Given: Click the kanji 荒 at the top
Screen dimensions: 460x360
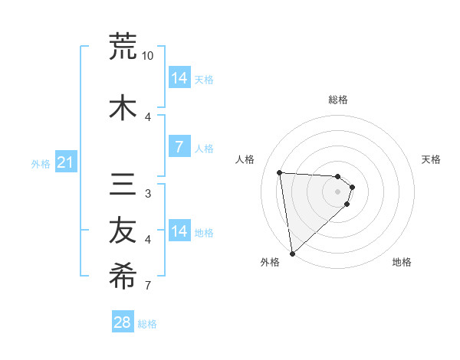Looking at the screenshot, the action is (123, 46).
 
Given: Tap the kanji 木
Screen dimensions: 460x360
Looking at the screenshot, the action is (123, 108).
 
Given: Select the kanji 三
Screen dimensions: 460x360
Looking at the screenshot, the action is (123, 185).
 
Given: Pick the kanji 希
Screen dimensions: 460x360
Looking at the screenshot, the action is (123, 277).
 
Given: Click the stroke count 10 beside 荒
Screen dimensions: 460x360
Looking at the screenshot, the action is (148, 56).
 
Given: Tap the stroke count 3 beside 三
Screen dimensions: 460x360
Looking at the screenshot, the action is (148, 194).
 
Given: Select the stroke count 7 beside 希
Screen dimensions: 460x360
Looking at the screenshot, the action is (148, 286).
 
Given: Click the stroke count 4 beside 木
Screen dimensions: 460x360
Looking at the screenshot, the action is (148, 117).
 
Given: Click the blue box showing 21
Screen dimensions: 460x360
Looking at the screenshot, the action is (66, 162).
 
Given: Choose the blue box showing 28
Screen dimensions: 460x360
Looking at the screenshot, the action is (123, 322).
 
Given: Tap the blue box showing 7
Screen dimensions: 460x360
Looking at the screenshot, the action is (179, 147).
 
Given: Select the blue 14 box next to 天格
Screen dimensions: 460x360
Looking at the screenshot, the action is (179, 78).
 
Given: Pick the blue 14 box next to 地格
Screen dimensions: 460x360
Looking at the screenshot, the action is (179, 231).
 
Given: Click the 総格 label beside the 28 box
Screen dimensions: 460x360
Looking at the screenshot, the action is (147, 324).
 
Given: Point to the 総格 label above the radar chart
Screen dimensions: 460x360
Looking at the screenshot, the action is (338, 100).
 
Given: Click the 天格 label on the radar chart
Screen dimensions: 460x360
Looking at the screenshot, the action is (432, 159).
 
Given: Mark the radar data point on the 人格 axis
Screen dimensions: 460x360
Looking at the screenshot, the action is (280, 172).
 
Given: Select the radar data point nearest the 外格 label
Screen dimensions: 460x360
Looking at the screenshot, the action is (292, 253).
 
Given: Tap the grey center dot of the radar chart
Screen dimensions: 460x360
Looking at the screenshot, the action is (338, 191).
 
